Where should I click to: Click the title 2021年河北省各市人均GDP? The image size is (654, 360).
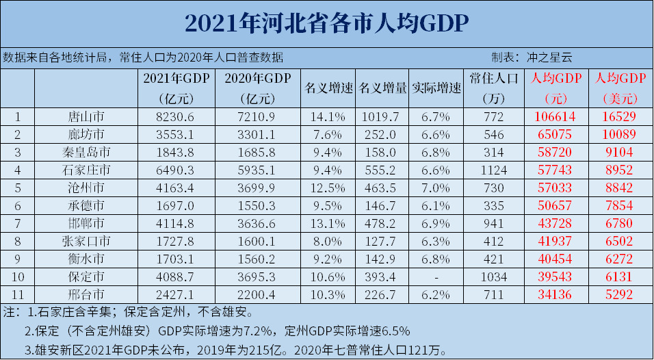click(326, 23)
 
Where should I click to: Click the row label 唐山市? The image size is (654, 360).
click(86, 116)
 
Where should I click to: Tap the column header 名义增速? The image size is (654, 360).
click(328, 88)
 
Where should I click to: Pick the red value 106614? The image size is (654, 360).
click(554, 116)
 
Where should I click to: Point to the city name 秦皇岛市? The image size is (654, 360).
click(86, 152)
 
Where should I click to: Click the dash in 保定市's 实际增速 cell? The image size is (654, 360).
click(436, 277)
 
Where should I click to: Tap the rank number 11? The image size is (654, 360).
click(18, 295)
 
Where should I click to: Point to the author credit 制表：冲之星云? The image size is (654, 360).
click(527, 57)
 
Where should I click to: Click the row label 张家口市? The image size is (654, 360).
click(86, 242)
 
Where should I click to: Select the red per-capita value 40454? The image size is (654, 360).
click(554, 259)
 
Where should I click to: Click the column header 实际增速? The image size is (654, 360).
click(436, 88)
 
